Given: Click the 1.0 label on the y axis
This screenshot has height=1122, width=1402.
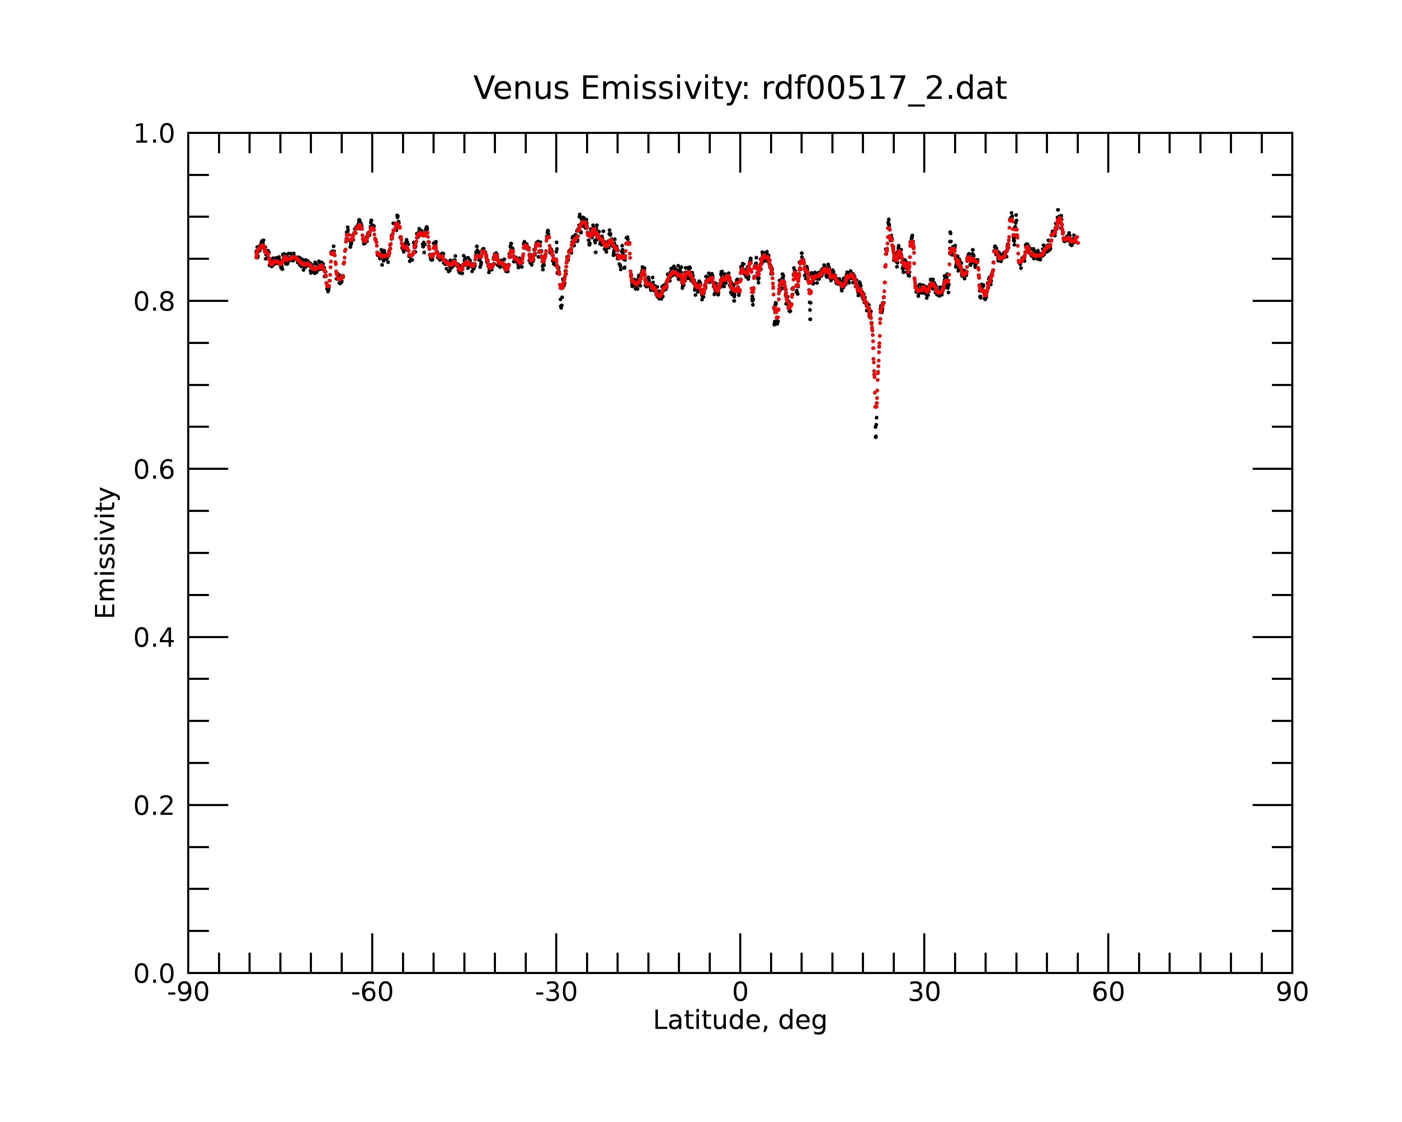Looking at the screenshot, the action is point(154,134).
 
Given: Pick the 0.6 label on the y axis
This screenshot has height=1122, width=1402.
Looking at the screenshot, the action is point(154,469).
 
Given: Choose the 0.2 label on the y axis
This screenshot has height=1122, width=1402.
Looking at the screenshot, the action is point(154,806).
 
